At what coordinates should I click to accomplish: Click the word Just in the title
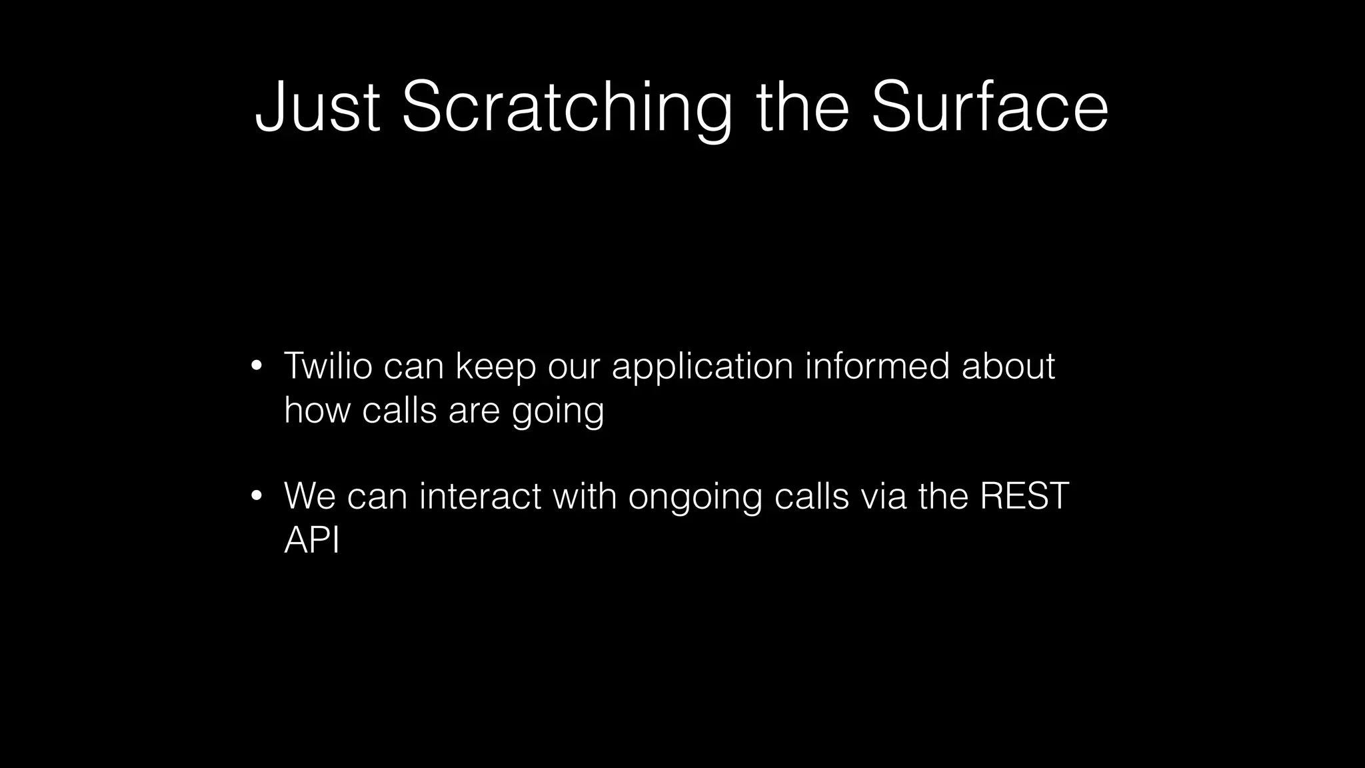click(317, 107)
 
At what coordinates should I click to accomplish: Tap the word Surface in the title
click(989, 107)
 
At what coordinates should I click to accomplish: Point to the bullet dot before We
click(256, 496)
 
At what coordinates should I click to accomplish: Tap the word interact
click(480, 496)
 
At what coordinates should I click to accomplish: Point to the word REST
click(1024, 496)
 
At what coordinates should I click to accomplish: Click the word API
click(312, 539)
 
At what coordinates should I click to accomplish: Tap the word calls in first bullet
click(399, 409)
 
